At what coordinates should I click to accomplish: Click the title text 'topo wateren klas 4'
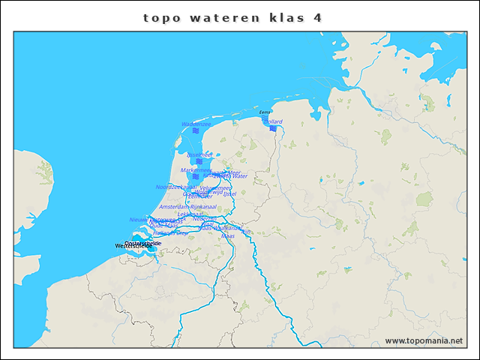pyautogui.click(x=232, y=17)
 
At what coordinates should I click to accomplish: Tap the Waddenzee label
pyautogui.click(x=196, y=124)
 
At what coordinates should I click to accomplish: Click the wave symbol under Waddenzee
pyautogui.click(x=195, y=130)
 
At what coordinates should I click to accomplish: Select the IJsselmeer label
pyautogui.click(x=199, y=154)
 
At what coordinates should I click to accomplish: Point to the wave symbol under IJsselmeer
pyautogui.click(x=199, y=161)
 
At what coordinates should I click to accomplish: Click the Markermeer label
pyautogui.click(x=196, y=170)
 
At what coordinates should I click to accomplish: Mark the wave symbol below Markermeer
pyautogui.click(x=196, y=177)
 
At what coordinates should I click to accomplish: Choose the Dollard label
pyautogui.click(x=274, y=121)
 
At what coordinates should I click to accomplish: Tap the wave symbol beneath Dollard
pyautogui.click(x=273, y=128)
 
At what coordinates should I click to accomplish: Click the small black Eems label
pyautogui.click(x=265, y=112)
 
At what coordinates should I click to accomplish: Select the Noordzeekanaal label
pyautogui.click(x=175, y=187)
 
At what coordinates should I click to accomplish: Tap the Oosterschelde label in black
pyautogui.click(x=142, y=243)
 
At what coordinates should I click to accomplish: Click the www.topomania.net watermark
pyautogui.click(x=424, y=340)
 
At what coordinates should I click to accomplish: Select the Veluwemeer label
pyautogui.click(x=215, y=188)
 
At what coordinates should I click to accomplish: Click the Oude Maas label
pyautogui.click(x=163, y=225)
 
